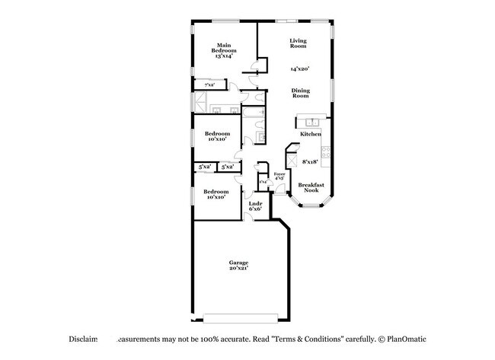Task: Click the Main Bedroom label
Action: [223, 47]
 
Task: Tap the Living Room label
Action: [298, 43]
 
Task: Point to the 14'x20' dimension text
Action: [299, 69]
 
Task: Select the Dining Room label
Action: [301, 93]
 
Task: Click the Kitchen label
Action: [310, 134]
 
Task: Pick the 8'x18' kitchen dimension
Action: [310, 161]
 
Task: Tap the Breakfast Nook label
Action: [311, 187]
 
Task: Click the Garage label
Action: [238, 263]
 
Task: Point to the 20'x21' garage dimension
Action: [238, 269]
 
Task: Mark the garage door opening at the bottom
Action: [241, 316]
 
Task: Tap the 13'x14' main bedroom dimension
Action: [223, 56]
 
